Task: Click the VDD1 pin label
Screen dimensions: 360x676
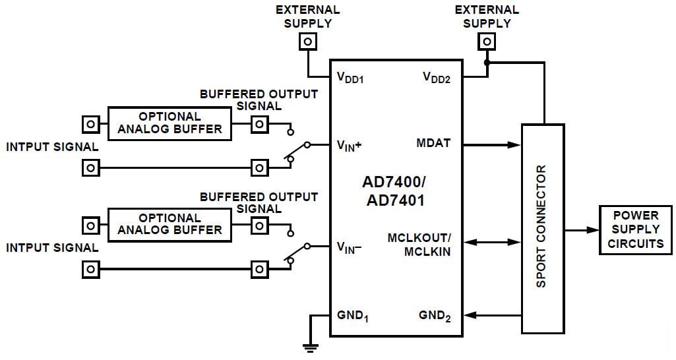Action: [x=350, y=78]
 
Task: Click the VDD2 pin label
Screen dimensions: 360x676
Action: [x=437, y=78]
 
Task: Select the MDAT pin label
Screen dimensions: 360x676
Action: [x=434, y=143]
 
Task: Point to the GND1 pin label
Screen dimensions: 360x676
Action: [x=353, y=316]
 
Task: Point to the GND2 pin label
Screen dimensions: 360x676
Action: [x=435, y=316]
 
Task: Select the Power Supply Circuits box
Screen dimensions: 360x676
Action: [x=635, y=229]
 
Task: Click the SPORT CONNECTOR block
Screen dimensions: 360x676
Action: [x=543, y=227]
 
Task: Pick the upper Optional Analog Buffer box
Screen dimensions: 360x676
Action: [x=169, y=123]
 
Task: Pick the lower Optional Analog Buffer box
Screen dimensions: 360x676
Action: [x=169, y=224]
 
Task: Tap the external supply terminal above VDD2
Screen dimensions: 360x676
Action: [x=487, y=42]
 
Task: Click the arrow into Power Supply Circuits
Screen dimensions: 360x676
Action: [x=582, y=230]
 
